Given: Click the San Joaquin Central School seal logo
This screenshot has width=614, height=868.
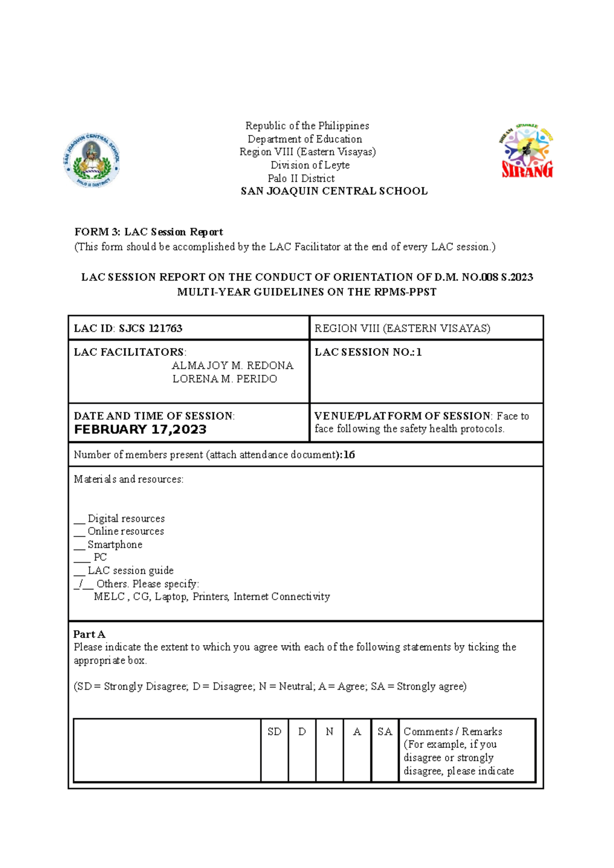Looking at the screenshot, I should [92, 160].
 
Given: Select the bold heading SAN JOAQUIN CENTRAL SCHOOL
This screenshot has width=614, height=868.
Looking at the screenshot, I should [334, 191].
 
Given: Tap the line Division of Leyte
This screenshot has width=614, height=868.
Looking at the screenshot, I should [310, 165].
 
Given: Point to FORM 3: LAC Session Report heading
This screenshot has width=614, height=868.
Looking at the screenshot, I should [148, 232].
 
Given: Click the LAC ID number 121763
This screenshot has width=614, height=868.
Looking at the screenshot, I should [165, 328].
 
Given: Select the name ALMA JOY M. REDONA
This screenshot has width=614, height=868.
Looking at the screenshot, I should [232, 366].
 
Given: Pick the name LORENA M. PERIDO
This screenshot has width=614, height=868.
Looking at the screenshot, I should [225, 379].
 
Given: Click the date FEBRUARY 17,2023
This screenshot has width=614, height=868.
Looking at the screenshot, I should [140, 429].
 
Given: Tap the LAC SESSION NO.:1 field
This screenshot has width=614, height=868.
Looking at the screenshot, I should [368, 352].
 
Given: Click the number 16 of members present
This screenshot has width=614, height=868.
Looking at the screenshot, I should [349, 455].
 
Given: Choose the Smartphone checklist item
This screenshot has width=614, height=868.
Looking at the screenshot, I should [115, 544].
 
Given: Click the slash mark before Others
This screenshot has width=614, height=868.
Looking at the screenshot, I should [81, 584].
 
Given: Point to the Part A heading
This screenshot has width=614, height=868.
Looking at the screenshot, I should [89, 634].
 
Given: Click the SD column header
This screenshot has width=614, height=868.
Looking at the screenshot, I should [274, 732].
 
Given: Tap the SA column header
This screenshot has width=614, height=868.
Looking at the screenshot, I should [385, 732].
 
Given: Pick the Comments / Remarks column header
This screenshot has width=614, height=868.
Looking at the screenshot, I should [453, 732].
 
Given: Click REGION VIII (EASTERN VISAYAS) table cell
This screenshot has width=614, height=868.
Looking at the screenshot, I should [402, 328].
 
